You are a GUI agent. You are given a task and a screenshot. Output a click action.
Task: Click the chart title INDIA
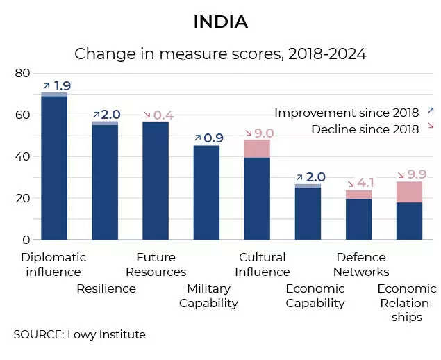[220, 22]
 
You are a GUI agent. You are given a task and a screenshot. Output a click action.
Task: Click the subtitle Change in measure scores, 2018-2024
[220, 54]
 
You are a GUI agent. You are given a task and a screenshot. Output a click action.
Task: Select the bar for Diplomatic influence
[54, 167]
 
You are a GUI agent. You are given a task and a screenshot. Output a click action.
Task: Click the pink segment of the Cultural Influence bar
[257, 148]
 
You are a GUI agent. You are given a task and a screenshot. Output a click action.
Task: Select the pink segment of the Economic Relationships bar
[409, 192]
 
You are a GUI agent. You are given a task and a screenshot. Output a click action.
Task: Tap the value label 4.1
[365, 183]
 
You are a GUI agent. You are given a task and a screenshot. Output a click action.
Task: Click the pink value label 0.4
[164, 115]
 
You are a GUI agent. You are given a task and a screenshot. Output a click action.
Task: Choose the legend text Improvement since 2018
[347, 113]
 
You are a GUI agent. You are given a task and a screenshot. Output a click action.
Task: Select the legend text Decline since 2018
[365, 129]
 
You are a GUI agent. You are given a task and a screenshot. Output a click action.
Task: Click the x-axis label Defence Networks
[361, 264]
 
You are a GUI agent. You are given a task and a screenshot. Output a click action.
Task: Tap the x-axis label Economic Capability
[315, 295]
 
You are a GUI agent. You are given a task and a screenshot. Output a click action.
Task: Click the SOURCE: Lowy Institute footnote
[80, 334]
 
